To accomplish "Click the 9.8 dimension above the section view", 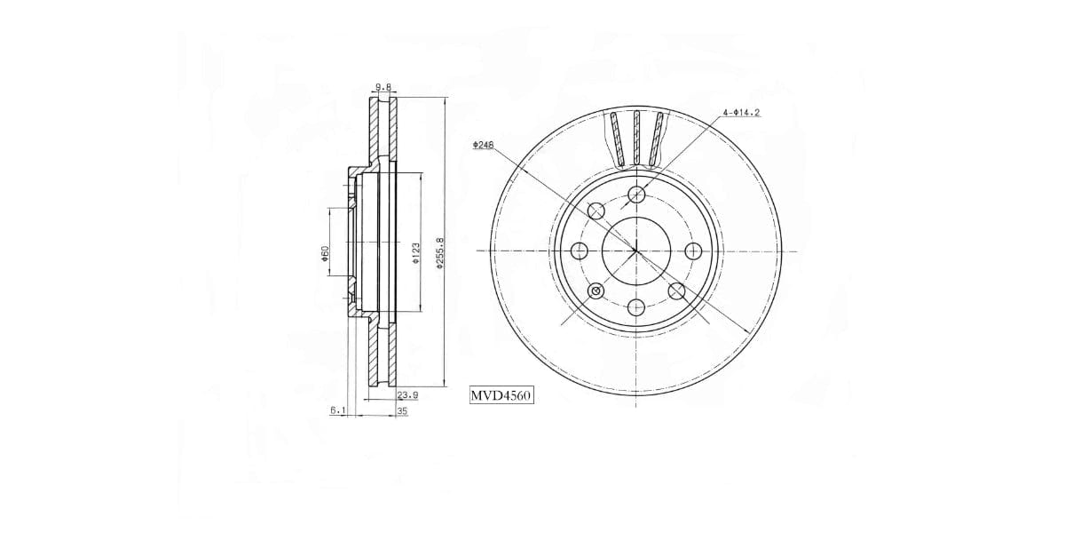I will (383, 87).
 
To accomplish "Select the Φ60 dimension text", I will (326, 253).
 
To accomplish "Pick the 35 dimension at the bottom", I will (402, 411).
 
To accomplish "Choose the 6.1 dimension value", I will (338, 411).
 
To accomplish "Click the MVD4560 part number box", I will (501, 396).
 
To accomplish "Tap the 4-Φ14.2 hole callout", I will (741, 113).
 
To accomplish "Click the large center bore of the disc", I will (635, 251).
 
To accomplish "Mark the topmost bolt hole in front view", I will (635, 195).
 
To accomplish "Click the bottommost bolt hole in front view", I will (635, 308).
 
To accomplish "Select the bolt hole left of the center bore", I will (580, 251).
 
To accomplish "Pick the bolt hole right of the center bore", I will (692, 251).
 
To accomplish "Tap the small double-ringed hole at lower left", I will (596, 291).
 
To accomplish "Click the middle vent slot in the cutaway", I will (635, 138).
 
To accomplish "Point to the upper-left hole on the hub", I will (596, 211).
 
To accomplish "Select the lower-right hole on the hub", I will (676, 291).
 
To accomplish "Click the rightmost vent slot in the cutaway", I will (657, 139).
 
